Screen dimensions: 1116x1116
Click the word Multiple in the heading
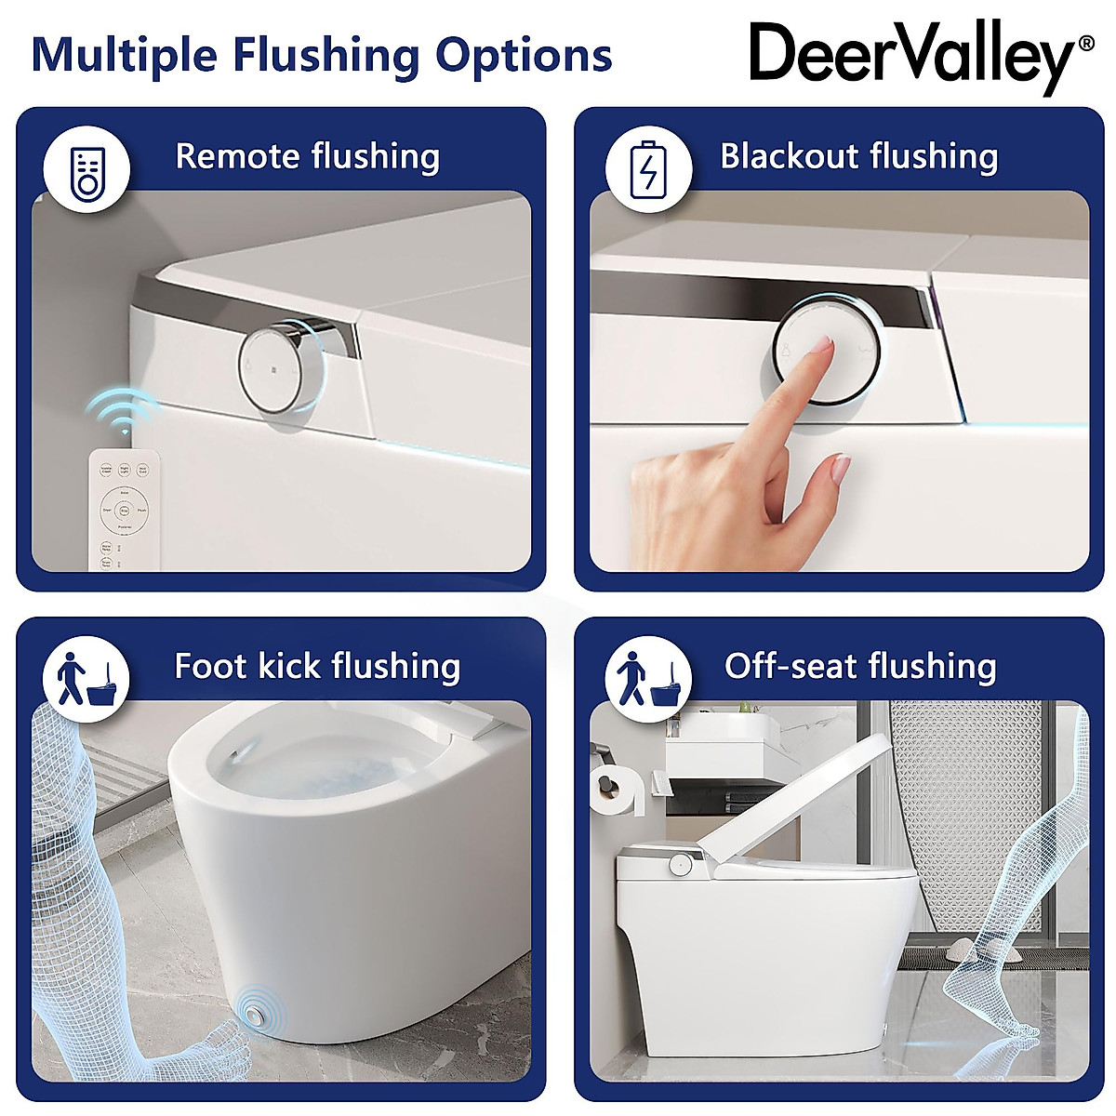(123, 56)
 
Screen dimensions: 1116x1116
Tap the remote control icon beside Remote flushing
(87, 168)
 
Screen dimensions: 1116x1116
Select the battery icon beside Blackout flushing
(648, 168)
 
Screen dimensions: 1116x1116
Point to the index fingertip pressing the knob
(821, 347)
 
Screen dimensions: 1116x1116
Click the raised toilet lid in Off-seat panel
(800, 800)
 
